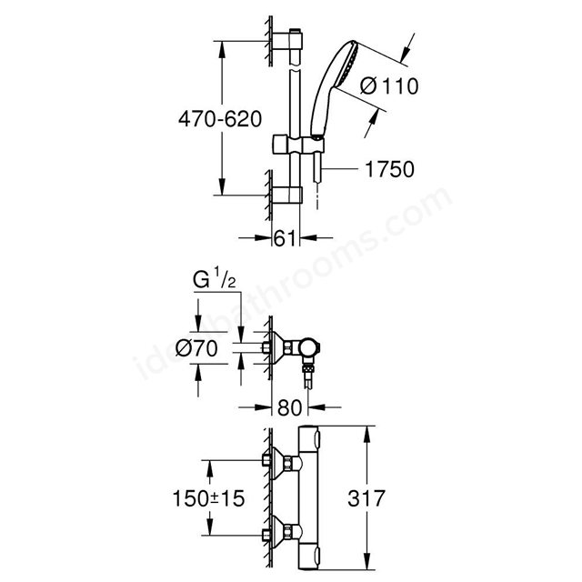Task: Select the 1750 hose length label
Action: pyautogui.click(x=389, y=169)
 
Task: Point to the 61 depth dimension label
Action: pyautogui.click(x=287, y=239)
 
